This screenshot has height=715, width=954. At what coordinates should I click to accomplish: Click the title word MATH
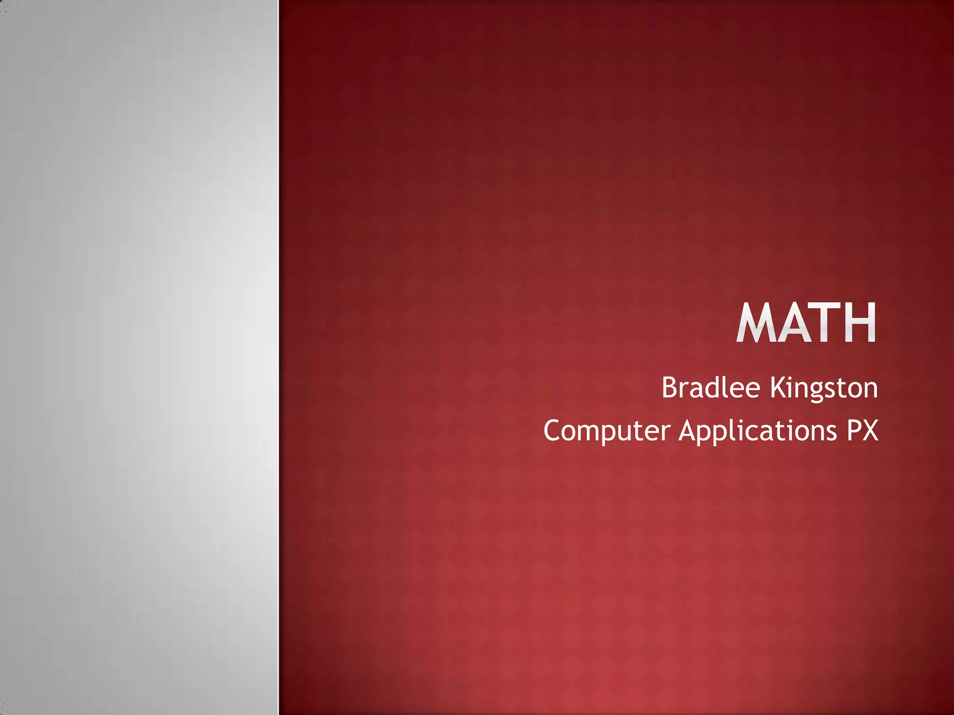click(806, 323)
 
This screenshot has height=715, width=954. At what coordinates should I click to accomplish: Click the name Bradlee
click(710, 387)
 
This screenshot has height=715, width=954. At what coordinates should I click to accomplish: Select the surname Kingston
click(824, 388)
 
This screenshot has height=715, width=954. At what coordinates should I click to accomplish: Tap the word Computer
click(606, 431)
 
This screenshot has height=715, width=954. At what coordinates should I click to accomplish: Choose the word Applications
click(757, 431)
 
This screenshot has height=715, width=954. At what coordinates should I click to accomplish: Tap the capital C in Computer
click(552, 430)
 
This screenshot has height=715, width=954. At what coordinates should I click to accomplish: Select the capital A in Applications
click(688, 430)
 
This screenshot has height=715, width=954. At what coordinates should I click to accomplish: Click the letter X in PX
click(870, 430)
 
